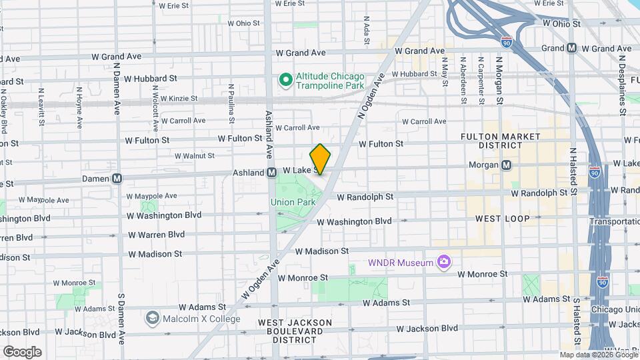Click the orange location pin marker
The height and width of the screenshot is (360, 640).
(320, 159)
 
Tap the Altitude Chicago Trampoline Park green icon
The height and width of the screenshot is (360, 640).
(286, 81)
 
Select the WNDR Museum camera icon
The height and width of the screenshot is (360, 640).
(443, 263)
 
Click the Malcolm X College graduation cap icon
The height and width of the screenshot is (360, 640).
(153, 317)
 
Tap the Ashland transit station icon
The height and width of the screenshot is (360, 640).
(271, 172)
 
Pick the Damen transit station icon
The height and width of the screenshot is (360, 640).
(117, 178)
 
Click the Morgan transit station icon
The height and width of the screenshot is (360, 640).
(506, 165)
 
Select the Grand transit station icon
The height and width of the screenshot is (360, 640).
(572, 48)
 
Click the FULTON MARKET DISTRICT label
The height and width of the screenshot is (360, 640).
(500, 141)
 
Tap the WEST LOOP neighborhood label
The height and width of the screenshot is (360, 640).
(502, 219)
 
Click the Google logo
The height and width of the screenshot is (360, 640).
(22, 351)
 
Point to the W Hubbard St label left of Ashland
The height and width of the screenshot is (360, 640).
(150, 78)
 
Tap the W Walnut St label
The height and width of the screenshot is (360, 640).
(194, 156)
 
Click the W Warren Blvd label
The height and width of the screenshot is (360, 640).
(156, 235)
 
